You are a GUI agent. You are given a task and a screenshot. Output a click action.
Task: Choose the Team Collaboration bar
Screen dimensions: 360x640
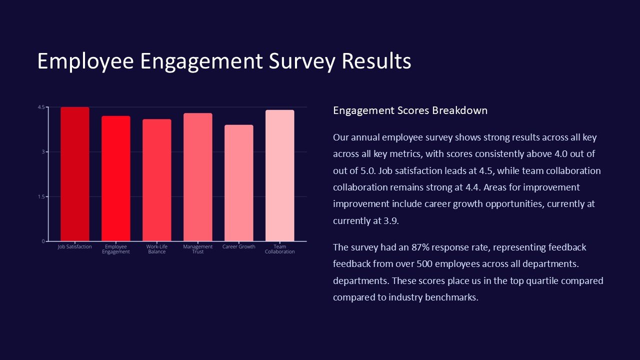(279, 175)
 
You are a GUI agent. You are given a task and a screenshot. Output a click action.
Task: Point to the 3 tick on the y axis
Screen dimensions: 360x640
(43, 151)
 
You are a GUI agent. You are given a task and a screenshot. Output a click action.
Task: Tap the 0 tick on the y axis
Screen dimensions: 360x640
(43, 241)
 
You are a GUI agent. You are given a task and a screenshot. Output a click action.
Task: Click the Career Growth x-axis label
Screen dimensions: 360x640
(238, 246)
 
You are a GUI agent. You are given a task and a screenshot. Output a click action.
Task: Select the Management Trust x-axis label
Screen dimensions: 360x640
(197, 249)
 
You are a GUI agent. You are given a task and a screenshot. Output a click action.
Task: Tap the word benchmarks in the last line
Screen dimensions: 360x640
(451, 297)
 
